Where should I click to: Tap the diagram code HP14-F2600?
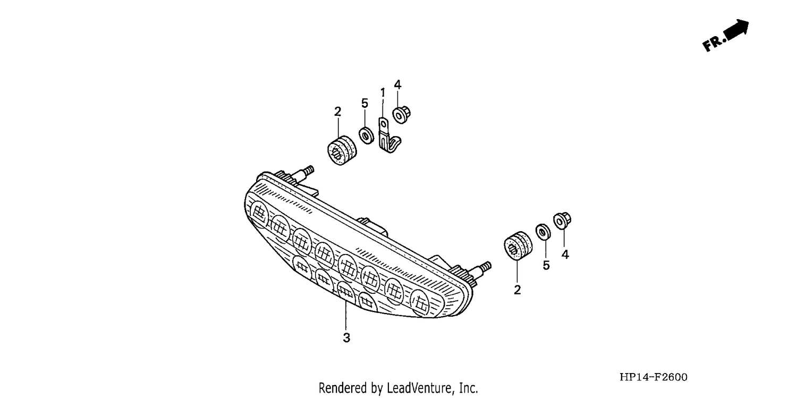[653, 377]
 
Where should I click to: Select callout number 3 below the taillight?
[346, 337]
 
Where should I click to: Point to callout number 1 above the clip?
[383, 92]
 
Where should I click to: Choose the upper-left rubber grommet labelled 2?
[342, 150]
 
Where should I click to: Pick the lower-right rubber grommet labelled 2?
[518, 246]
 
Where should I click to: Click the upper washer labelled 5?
[367, 136]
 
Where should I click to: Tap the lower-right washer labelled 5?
[543, 232]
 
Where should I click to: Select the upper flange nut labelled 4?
[401, 115]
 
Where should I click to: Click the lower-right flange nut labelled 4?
[562, 221]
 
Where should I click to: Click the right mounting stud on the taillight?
[480, 269]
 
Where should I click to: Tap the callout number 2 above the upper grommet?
[337, 112]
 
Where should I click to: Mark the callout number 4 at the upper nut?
[397, 84]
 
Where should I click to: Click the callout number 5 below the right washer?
[546, 265]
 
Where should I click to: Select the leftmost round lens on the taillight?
[259, 214]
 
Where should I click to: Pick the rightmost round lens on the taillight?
[420, 302]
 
